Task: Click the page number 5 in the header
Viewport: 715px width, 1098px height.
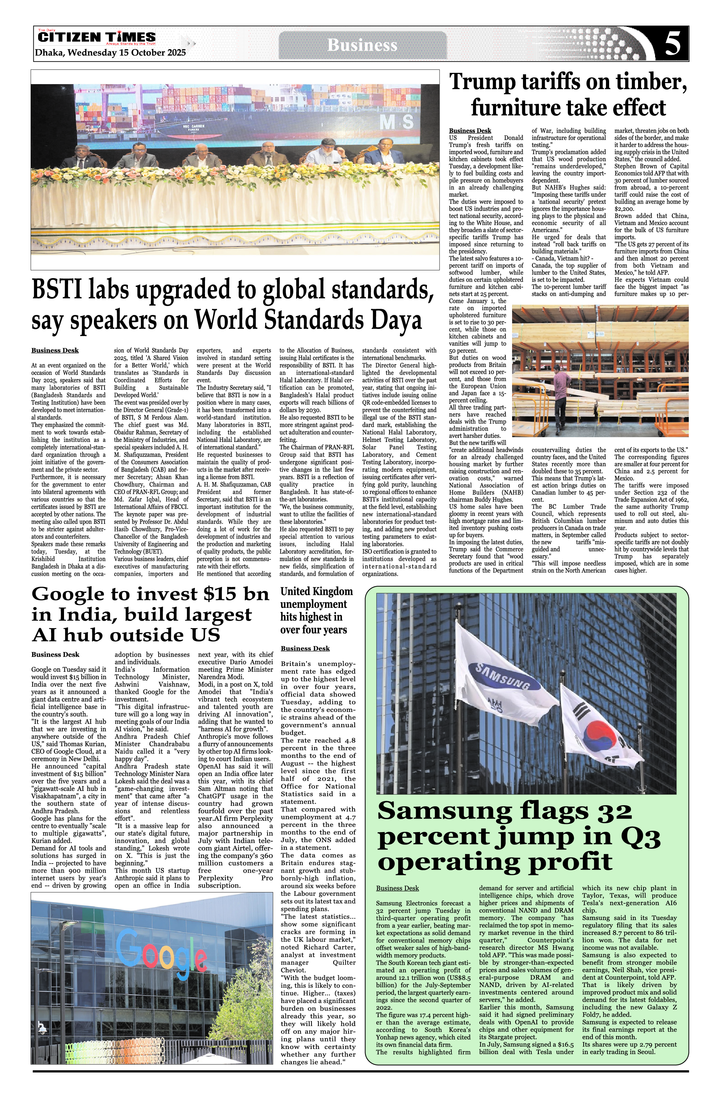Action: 673,44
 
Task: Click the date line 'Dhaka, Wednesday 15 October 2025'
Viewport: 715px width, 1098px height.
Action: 110,52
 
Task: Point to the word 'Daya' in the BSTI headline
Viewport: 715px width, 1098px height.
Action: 399,321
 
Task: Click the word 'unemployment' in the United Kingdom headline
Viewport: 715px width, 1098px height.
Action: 313,604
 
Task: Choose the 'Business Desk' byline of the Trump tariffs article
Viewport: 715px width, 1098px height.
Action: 470,130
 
